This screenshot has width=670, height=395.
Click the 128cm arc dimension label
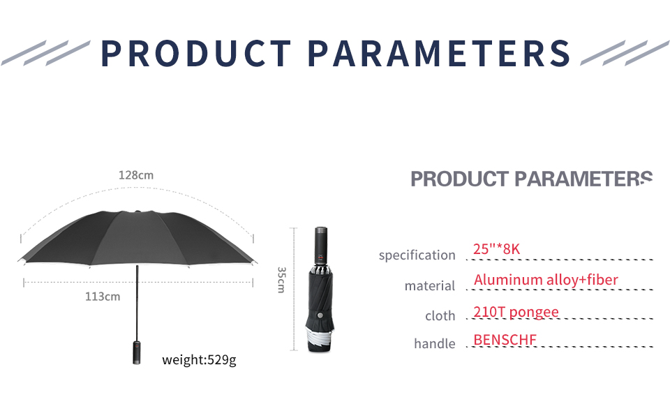136,175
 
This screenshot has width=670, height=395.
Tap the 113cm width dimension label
103,297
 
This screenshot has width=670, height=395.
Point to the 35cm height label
281,280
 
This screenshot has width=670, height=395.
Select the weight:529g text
199,360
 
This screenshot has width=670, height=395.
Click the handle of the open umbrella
137,352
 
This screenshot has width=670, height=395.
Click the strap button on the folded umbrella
320,315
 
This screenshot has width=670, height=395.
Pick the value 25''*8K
496,249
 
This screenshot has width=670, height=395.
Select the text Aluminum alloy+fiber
546,280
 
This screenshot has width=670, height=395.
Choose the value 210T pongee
516,312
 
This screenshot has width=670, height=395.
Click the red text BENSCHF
505,340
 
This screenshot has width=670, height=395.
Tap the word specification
417,255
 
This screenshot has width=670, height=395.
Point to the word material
430,285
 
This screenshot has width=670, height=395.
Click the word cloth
440,315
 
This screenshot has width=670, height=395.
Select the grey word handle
435,343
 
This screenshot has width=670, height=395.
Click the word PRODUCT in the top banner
196,54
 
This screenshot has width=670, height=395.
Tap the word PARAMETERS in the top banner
439,54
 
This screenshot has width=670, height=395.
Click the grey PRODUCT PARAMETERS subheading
531,179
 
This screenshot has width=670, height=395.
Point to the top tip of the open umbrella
137,211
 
